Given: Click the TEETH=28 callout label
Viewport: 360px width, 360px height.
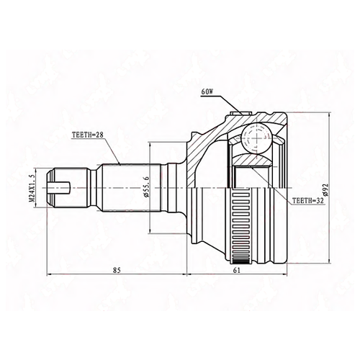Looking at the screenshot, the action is point(88,135).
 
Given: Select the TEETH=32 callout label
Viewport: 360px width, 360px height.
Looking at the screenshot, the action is point(308,201).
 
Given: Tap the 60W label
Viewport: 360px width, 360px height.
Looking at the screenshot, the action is point(207,92).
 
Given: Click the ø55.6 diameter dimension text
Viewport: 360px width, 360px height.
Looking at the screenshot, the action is point(147,187).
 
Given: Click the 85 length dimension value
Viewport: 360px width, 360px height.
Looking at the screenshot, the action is point(117,270).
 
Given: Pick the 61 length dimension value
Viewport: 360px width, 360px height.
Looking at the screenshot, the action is point(237,270).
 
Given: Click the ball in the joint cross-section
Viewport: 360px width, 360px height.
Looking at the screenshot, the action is point(256,138).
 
